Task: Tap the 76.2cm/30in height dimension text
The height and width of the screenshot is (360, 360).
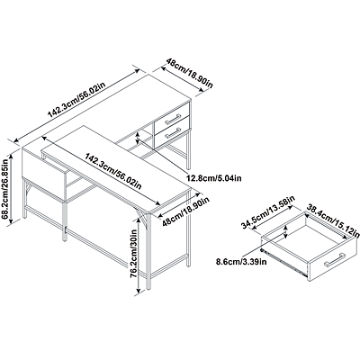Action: [133, 253]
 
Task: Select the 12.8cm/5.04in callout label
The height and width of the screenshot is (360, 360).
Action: [214, 178]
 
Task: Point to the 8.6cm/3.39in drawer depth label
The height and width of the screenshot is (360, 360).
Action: [241, 261]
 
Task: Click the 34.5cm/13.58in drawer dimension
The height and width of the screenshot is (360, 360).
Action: [268, 212]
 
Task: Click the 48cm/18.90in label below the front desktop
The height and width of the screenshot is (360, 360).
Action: [185, 211]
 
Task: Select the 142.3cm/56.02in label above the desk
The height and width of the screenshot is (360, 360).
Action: [76, 99]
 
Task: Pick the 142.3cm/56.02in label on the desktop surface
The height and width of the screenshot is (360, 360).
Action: [113, 171]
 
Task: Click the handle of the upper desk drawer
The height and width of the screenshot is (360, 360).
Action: [172, 119]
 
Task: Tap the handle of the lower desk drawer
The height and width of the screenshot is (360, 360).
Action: [172, 133]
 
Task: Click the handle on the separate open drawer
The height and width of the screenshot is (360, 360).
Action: [335, 259]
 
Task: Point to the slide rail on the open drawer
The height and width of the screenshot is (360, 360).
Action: [283, 262]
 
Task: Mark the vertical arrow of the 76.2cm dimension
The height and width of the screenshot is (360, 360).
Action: [139, 256]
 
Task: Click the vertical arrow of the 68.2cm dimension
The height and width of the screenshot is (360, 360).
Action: [12, 189]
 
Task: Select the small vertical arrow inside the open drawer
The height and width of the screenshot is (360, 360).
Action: [285, 232]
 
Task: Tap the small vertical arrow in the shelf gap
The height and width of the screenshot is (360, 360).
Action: [137, 139]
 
